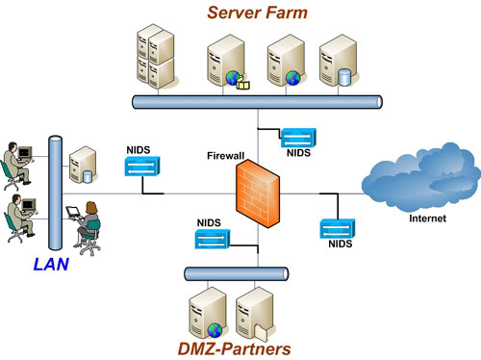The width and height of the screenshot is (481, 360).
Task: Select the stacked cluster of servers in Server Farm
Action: pyautogui.click(x=155, y=58)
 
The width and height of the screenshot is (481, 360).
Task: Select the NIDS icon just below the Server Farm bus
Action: pyautogui.click(x=295, y=137)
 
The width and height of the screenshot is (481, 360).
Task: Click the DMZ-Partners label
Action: pyautogui.click(x=233, y=347)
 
